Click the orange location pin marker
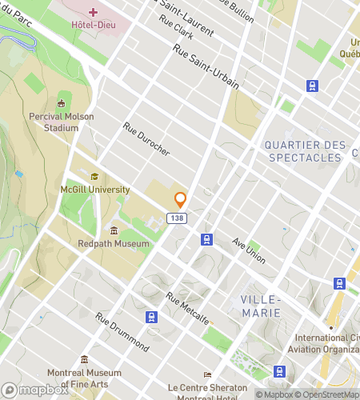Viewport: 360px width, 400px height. [181, 200]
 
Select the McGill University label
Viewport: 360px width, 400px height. [95, 190]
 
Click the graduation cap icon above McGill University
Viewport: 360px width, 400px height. [94, 177]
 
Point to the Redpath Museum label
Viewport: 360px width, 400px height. [114, 243]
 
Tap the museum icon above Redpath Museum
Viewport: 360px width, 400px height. [114, 230]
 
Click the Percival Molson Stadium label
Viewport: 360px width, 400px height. [62, 121]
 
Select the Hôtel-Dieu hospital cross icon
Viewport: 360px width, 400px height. [94, 12]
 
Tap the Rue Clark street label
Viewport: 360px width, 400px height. [177, 30]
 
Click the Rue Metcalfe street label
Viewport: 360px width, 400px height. [188, 308]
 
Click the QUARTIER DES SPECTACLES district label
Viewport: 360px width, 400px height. [304, 151]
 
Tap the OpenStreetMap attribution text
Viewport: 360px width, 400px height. [329, 394]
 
